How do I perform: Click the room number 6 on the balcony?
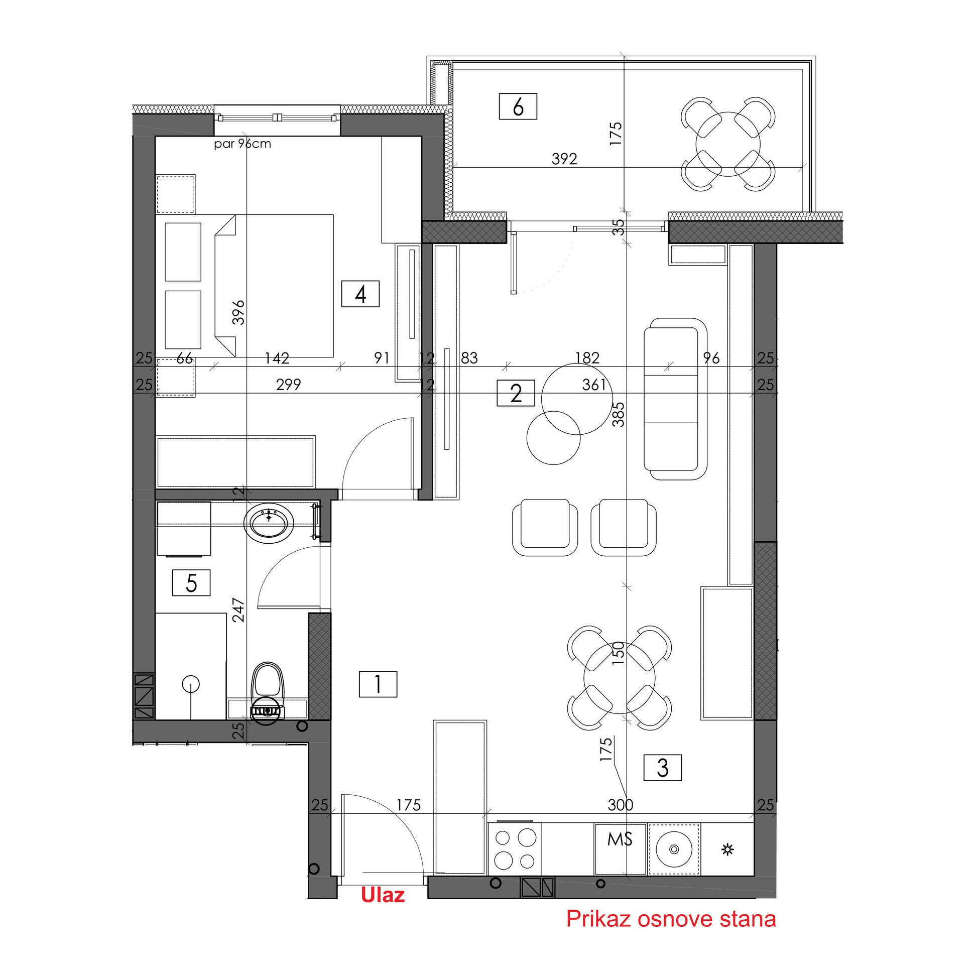[x=518, y=106]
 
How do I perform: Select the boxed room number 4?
[x=360, y=294]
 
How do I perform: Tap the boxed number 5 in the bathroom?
[x=191, y=582]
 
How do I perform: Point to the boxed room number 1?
[x=378, y=684]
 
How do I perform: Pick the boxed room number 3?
[x=662, y=768]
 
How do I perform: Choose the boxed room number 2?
[x=516, y=393]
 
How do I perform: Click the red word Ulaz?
[x=383, y=895]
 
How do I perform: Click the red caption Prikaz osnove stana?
[x=671, y=919]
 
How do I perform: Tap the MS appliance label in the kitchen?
[x=620, y=839]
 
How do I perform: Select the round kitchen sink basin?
[x=674, y=849]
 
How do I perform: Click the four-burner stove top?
[x=515, y=849]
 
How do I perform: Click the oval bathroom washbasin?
[x=269, y=523]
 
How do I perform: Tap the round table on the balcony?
[x=727, y=144]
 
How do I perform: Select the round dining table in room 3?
[x=620, y=678]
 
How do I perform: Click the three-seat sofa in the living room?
[x=676, y=399]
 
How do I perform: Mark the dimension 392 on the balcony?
[x=564, y=159]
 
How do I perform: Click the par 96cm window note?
[x=242, y=144]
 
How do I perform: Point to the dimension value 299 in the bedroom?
[x=288, y=385]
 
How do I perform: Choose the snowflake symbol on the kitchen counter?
[x=727, y=849]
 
